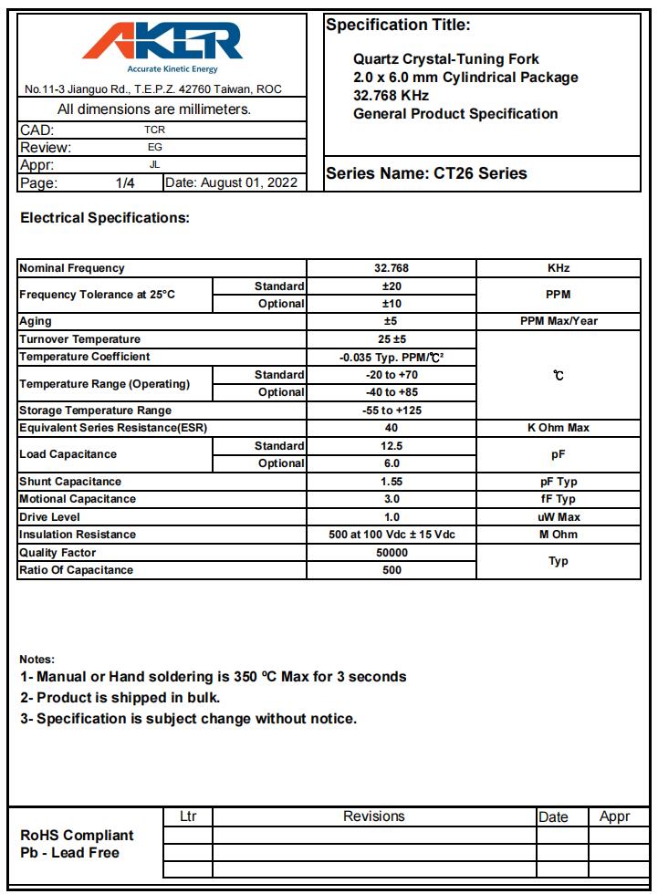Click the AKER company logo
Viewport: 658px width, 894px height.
click(x=164, y=43)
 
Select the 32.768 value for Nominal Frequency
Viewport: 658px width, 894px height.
click(x=392, y=268)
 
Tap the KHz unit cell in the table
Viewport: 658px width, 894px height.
click(x=558, y=268)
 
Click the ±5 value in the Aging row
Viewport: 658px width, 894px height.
click(x=392, y=321)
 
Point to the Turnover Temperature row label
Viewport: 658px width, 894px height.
click(x=80, y=339)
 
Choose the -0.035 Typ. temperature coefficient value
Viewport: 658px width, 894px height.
click(x=392, y=357)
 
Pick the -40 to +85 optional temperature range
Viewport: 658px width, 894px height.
click(x=392, y=392)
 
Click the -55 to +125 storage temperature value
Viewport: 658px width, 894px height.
click(x=392, y=411)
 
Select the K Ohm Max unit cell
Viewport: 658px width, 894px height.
click(x=558, y=428)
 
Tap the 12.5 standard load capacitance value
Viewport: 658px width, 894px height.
click(x=392, y=446)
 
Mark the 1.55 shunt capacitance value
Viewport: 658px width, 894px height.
click(x=392, y=482)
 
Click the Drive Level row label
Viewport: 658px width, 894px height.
click(x=49, y=517)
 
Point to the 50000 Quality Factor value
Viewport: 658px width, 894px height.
click(x=392, y=553)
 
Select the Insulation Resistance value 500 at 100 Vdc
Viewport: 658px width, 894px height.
click(x=392, y=535)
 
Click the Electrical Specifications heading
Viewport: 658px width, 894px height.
click(x=105, y=218)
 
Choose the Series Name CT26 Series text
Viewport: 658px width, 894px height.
click(x=426, y=173)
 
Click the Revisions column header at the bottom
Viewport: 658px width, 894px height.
click(x=373, y=816)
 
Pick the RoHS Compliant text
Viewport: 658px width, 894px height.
click(x=77, y=836)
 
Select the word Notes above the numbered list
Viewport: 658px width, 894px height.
click(x=37, y=659)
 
